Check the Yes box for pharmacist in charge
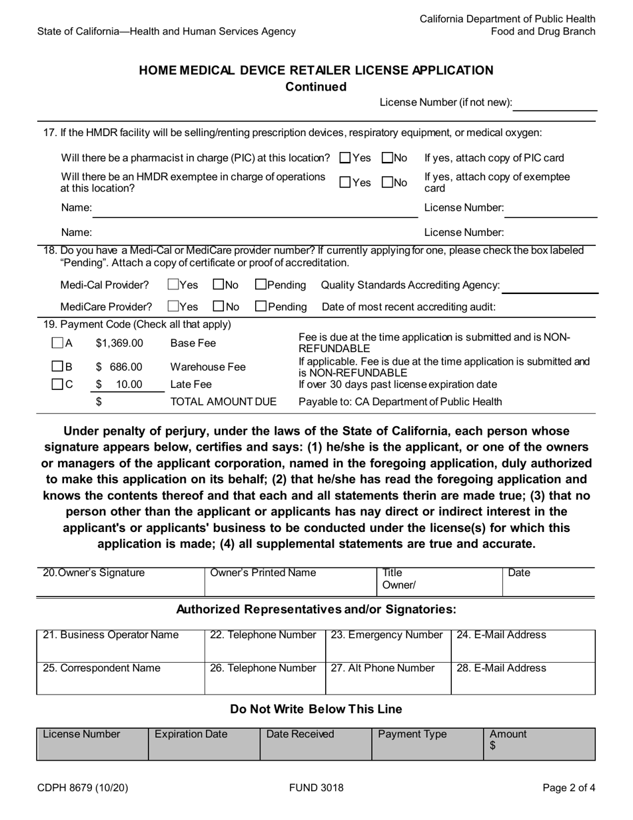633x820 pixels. pos(345,158)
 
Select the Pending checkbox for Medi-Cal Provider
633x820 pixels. pos(261,285)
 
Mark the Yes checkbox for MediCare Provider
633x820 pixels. pos(173,307)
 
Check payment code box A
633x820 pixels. pos(57,343)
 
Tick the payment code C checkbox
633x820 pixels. pos(57,384)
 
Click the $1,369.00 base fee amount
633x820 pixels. pos(119,343)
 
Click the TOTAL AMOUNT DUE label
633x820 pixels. pos(223,401)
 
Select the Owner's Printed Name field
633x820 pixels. pos(291,581)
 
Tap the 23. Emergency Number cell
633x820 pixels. pos(387,644)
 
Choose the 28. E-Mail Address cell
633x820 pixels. pos(522,677)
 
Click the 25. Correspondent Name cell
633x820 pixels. pos(120,677)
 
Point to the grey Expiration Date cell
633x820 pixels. pos(203,743)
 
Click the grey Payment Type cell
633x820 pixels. pos(426,743)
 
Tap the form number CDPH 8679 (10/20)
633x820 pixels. pos(83,788)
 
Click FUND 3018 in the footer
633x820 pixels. pos(316,788)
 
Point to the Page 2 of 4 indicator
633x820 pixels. pos(568,788)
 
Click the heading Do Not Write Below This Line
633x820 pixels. pos(316,709)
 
